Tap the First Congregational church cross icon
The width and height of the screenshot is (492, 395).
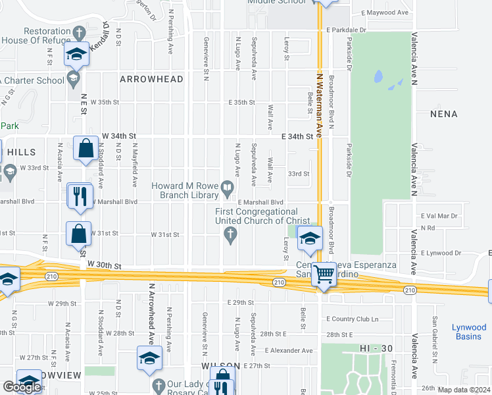click(230, 235)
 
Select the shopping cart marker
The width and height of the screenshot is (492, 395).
click(323, 275)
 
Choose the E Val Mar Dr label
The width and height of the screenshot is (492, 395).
click(439, 216)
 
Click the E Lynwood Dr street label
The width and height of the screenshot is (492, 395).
click(441, 253)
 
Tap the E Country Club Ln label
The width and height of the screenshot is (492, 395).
click(353, 319)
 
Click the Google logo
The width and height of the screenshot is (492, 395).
click(22, 387)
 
